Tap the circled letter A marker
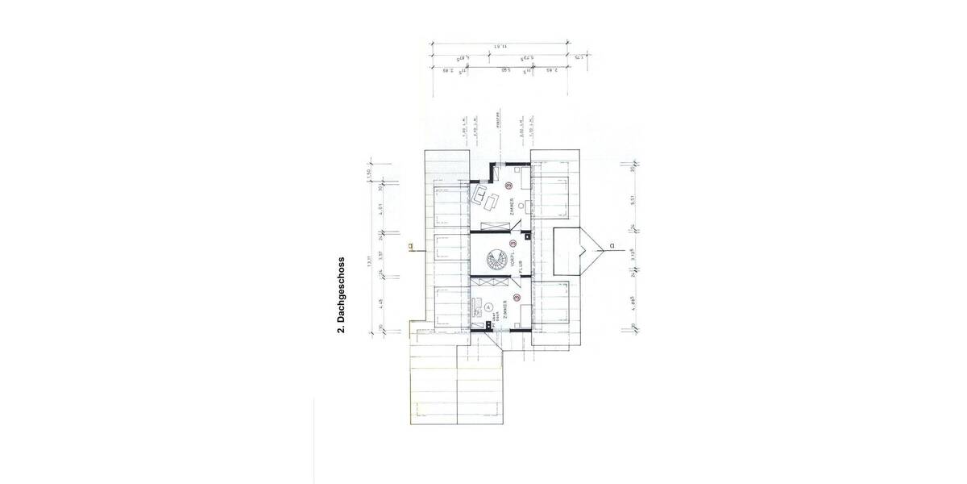[488, 307]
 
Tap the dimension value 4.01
[376, 214]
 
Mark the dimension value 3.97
[376, 257]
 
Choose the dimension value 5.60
[504, 71]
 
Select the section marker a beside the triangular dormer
[612, 246]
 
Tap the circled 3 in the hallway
[513, 243]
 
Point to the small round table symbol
[521, 206]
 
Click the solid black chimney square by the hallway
[526, 237]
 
